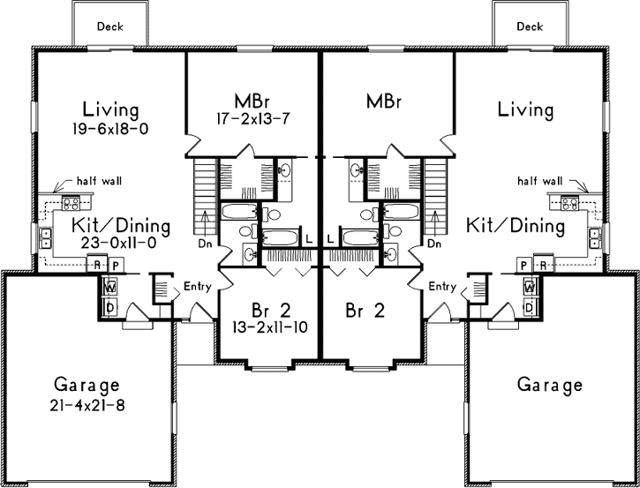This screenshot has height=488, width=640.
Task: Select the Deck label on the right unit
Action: [x=530, y=26]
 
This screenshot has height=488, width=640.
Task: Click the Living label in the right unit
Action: [x=525, y=110]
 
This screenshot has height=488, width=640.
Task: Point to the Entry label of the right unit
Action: [x=443, y=287]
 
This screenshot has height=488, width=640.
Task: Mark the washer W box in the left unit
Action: [x=111, y=288]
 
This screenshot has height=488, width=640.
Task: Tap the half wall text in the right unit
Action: [x=539, y=181]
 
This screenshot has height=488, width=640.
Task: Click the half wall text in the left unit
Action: [x=99, y=181]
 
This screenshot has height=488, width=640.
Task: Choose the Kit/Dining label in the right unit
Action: [x=516, y=226]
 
